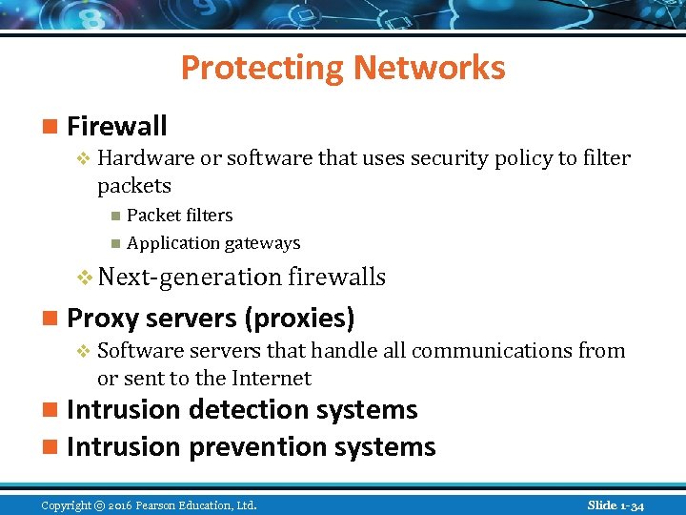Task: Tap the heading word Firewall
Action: (x=117, y=126)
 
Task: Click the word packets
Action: (x=134, y=185)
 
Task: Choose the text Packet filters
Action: (x=179, y=216)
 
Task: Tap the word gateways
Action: (x=259, y=243)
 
